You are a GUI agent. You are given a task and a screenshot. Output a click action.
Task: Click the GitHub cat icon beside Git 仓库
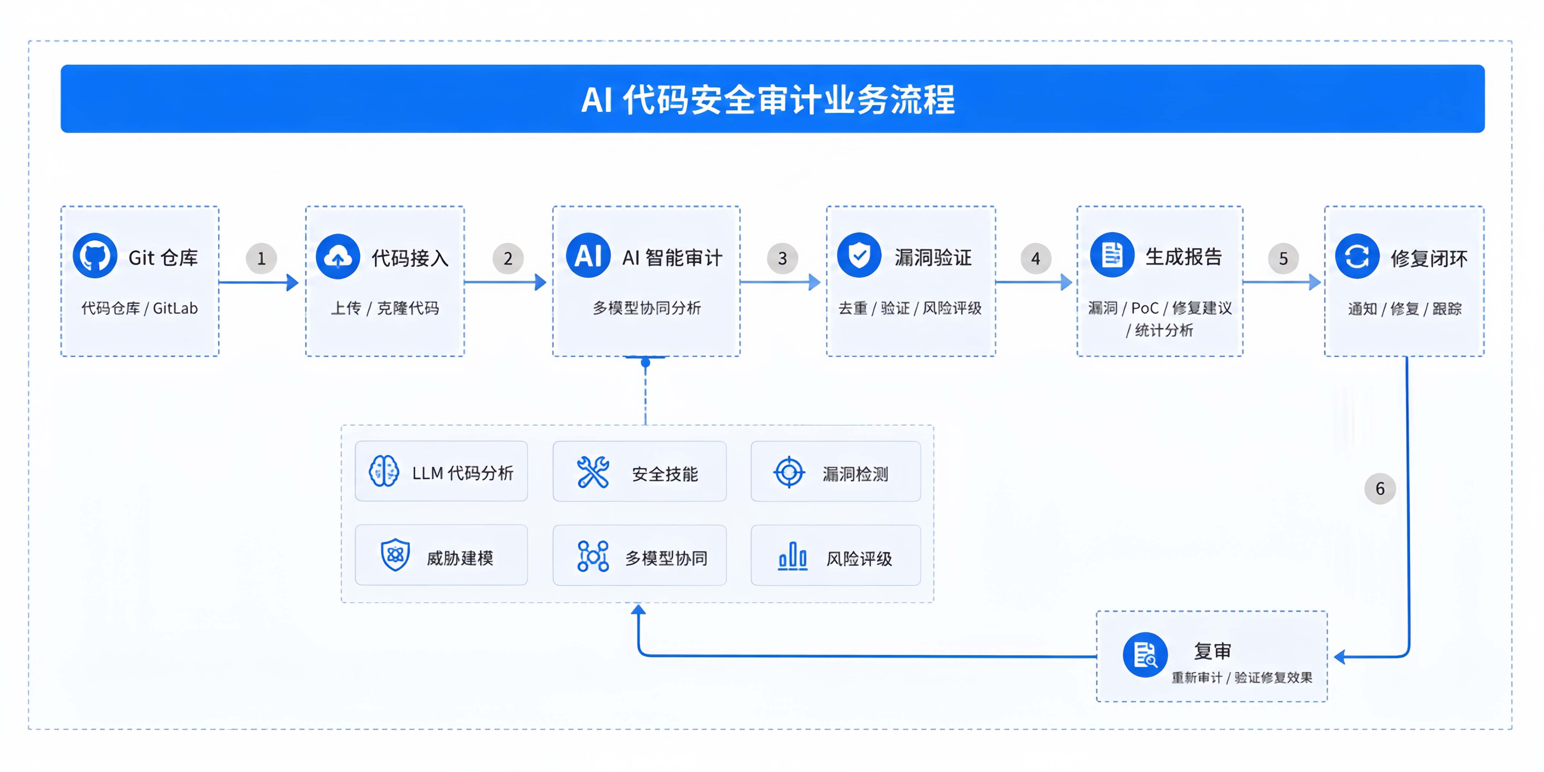click(95, 256)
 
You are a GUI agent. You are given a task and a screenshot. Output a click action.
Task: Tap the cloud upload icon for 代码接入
click(338, 257)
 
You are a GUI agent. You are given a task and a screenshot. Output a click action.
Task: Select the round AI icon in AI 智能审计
click(588, 255)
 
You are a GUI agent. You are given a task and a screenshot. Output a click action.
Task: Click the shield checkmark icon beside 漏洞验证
click(859, 255)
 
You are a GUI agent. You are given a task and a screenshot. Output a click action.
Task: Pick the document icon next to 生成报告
click(1112, 255)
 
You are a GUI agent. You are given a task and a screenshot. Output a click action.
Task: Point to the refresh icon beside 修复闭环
click(1357, 257)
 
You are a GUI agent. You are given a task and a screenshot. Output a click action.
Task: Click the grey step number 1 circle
click(261, 258)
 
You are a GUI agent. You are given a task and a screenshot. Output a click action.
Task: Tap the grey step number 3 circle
click(782, 258)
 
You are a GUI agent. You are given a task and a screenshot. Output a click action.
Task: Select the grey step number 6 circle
click(1380, 489)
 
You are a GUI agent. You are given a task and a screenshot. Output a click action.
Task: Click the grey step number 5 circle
click(1283, 258)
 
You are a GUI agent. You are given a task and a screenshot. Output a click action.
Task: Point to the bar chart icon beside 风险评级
click(793, 555)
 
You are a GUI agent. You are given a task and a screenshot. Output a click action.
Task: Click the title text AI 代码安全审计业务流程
click(768, 100)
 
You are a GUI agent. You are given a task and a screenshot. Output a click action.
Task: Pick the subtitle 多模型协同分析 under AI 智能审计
click(647, 308)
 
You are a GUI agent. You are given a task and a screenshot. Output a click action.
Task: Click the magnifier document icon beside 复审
click(1145, 654)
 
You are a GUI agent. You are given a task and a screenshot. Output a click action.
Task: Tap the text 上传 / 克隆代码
click(385, 308)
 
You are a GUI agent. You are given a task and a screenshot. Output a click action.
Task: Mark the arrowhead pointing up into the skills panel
click(638, 609)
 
